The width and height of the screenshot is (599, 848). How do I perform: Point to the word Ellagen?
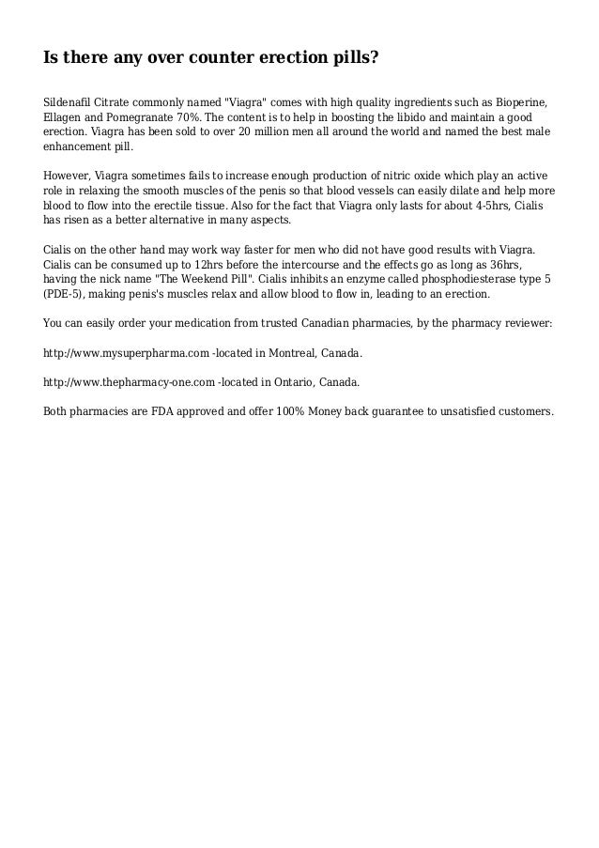(63, 117)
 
